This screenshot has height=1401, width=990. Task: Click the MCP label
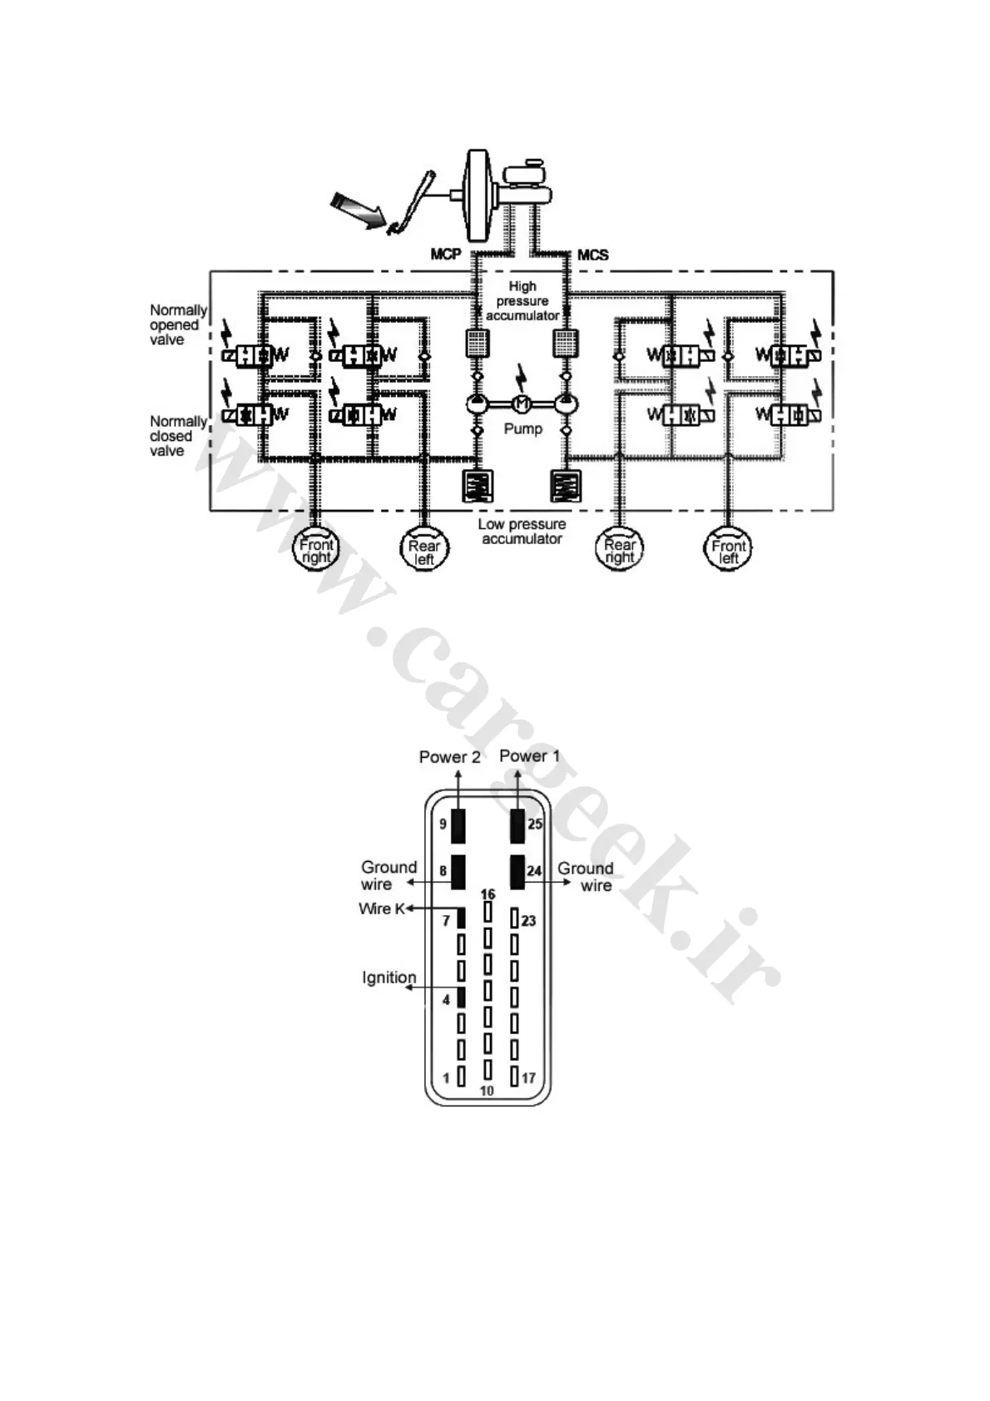445,254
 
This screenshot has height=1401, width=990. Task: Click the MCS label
592,254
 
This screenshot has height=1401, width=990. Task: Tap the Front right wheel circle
316,550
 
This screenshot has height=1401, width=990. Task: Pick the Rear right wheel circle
619,550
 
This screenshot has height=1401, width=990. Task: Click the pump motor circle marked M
522,403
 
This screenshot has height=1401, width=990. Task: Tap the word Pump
522,428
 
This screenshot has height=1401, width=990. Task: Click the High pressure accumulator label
522,301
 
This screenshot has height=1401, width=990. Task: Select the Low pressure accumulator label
522,532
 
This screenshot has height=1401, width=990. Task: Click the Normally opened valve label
177,324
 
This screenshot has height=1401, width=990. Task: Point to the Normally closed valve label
177,436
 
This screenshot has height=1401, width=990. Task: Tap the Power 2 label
449,757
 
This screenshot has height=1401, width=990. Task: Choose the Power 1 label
529,756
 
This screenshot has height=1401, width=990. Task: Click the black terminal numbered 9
458,824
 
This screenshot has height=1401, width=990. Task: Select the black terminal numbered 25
517,824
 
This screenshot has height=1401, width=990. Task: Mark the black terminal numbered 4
460,998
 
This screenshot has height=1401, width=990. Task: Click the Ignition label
389,978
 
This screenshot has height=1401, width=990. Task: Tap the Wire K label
381,908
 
